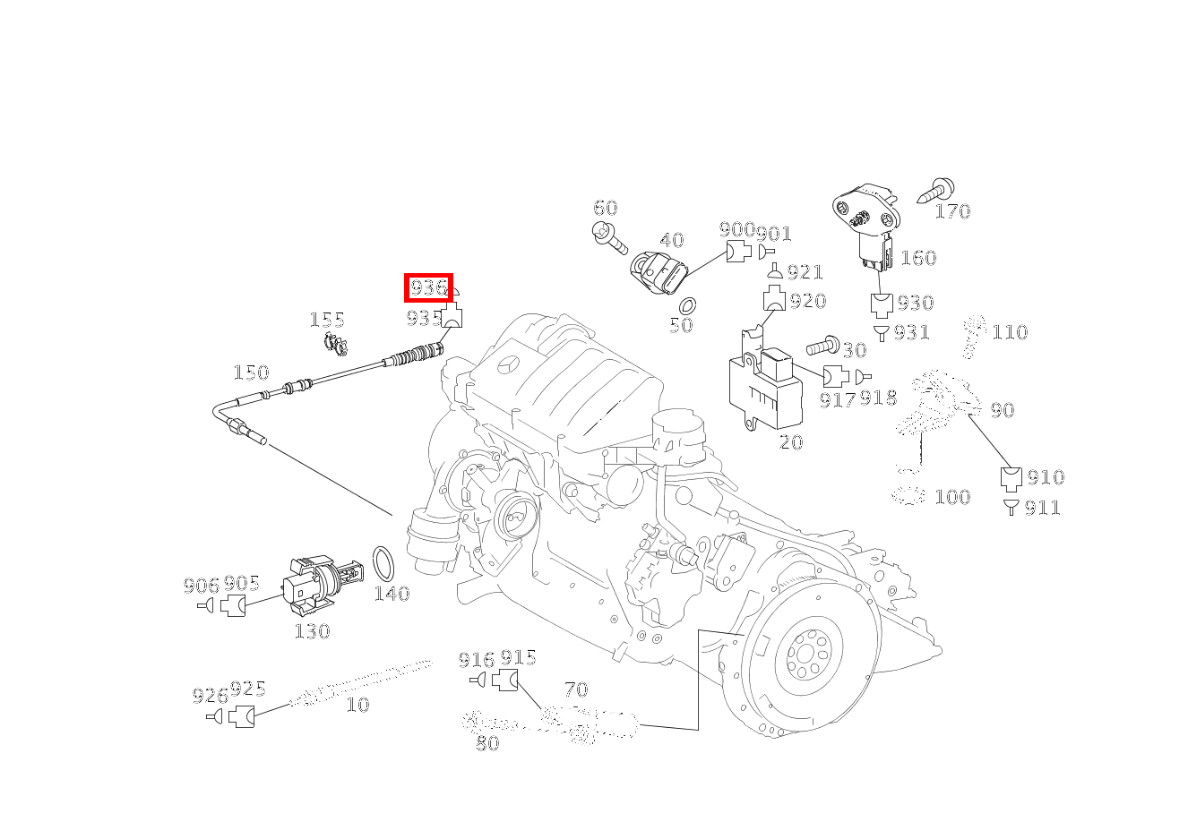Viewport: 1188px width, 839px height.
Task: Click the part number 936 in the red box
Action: (x=428, y=287)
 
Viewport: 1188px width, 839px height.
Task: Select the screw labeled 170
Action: (x=936, y=192)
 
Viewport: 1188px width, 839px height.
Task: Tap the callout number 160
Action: (x=919, y=258)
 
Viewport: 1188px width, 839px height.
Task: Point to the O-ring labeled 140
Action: (x=383, y=564)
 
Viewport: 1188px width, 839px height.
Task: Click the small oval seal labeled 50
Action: (x=688, y=306)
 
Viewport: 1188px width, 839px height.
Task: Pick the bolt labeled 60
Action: (x=609, y=238)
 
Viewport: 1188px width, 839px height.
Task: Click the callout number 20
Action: (x=791, y=442)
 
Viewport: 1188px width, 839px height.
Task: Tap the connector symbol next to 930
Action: (x=882, y=305)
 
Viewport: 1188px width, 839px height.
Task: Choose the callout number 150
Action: (x=252, y=372)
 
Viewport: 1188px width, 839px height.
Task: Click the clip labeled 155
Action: (x=336, y=343)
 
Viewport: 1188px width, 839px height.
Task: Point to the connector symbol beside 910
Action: (x=1012, y=478)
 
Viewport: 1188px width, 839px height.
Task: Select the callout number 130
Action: (x=313, y=631)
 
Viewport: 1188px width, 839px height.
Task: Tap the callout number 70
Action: (x=576, y=689)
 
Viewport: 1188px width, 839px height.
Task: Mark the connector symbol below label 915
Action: (x=505, y=680)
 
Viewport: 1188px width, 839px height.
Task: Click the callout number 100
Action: (x=952, y=497)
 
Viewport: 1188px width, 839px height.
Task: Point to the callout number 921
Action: (x=805, y=272)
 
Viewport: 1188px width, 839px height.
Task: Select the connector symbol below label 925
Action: (x=241, y=716)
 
